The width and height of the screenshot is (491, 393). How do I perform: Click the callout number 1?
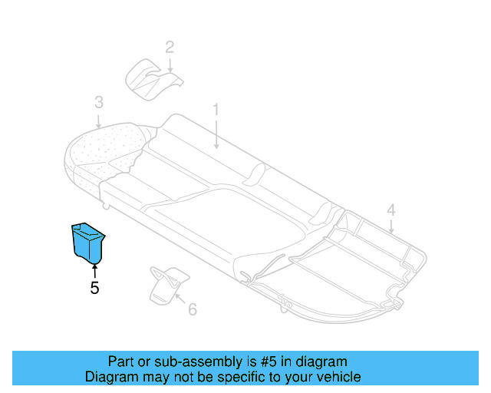tap(216, 110)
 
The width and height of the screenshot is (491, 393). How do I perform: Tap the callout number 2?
tap(170, 47)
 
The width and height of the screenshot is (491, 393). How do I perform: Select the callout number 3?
tap(98, 102)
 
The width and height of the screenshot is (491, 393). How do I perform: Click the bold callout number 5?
tap(94, 289)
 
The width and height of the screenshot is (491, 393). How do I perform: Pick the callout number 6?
tap(192, 309)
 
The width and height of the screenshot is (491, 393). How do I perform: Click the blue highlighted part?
tap(88, 241)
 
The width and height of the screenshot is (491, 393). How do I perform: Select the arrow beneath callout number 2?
tap(170, 65)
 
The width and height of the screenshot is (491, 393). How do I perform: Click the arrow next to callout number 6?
tap(180, 301)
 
